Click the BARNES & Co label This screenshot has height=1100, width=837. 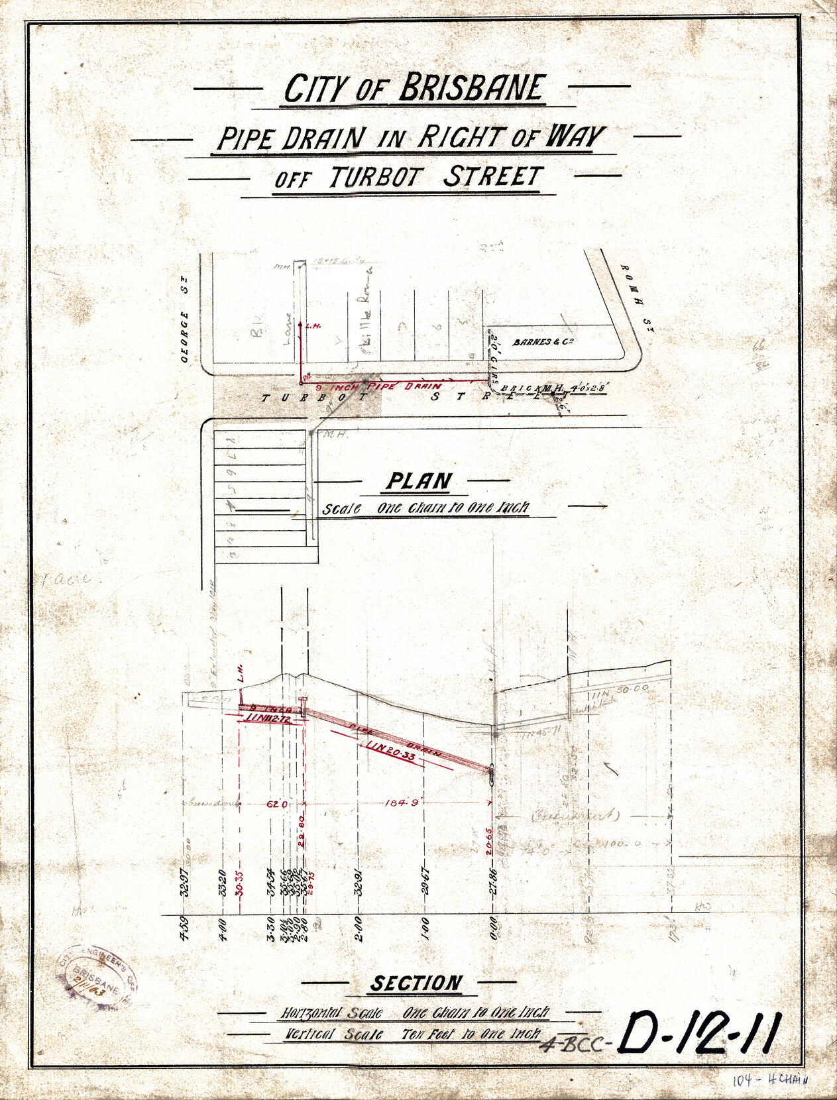[x=542, y=343]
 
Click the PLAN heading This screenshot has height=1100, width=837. [x=419, y=481]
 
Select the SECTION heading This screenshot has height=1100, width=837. [x=416, y=983]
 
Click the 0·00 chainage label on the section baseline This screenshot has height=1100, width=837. [x=492, y=923]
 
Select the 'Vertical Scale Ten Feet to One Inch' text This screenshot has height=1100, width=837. [x=412, y=1033]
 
